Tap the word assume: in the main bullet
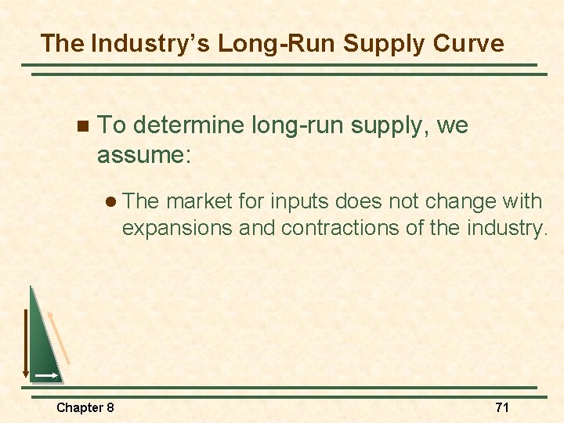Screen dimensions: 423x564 point(143,154)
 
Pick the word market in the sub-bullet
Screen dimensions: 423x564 point(200,201)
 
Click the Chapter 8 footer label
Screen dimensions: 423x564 point(85,407)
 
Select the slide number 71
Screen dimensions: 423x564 point(501,407)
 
